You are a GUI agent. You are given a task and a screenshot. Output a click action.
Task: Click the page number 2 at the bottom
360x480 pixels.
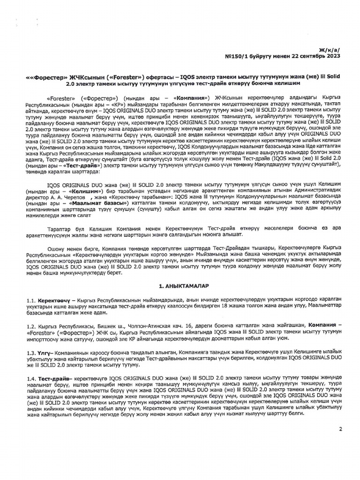click(x=340, y=428)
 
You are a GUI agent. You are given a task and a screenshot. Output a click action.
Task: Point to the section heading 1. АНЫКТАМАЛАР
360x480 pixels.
click(x=181, y=285)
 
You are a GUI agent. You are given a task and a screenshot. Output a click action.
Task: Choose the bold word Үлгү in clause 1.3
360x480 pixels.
click(x=46, y=352)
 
